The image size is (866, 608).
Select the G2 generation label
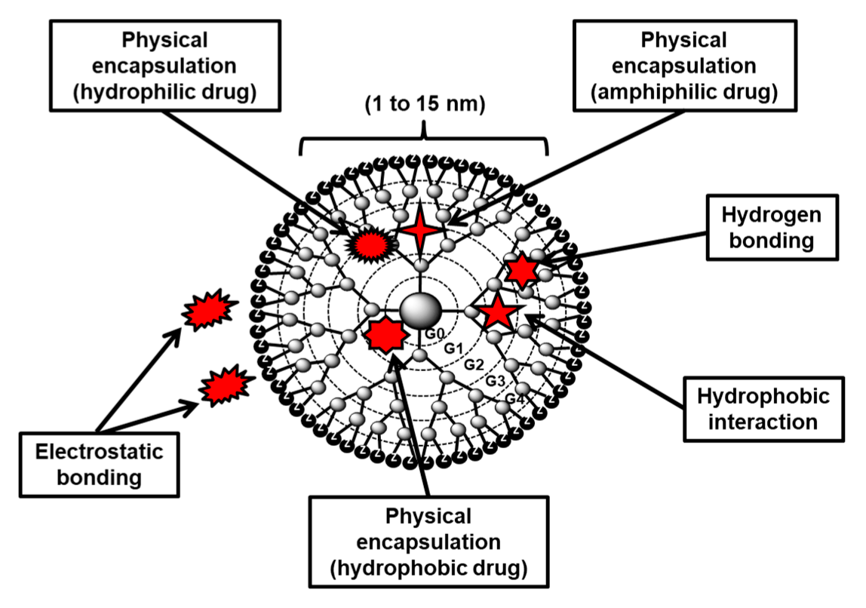point(474,364)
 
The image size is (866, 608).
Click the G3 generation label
point(495,381)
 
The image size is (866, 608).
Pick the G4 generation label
point(514,398)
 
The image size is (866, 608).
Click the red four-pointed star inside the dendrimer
point(419,231)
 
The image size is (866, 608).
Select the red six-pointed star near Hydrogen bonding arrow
point(522,269)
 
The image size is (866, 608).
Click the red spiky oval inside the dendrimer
point(371,243)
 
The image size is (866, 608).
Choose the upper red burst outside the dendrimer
point(208,311)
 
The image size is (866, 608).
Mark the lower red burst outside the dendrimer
point(226,385)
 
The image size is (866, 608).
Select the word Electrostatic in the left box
point(99,452)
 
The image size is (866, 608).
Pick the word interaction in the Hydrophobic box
point(763,421)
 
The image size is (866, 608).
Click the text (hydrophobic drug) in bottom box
point(428,566)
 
